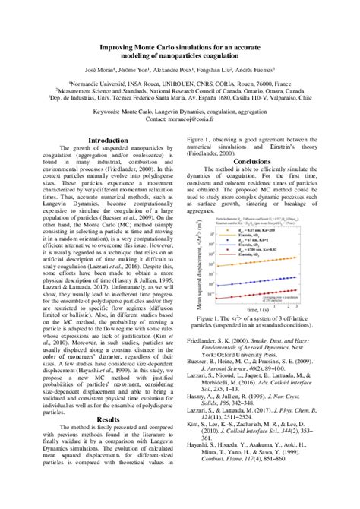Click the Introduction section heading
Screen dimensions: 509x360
point(109,141)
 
